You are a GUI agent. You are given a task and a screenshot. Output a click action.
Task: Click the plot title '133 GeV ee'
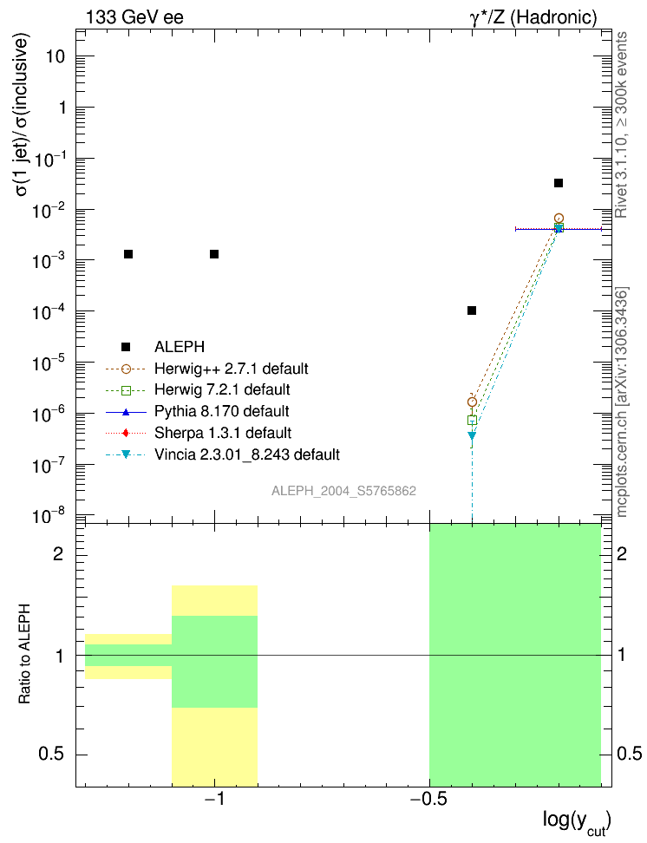tap(134, 16)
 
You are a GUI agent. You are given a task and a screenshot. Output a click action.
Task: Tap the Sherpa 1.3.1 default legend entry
tap(222, 432)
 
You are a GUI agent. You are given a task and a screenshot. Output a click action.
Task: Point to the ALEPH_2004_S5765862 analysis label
tap(343, 491)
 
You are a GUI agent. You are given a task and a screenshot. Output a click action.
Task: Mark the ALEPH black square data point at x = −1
tap(214, 254)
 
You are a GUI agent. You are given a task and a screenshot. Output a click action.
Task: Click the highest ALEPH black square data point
tap(559, 183)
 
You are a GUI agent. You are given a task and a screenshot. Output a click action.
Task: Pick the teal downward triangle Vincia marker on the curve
tap(472, 436)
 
